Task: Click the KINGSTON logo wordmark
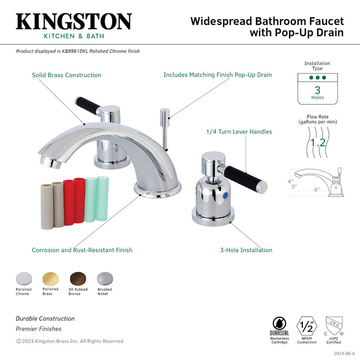(74, 21)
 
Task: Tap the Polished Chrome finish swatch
(23, 278)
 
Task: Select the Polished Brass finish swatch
(50, 278)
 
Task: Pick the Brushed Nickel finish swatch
(104, 278)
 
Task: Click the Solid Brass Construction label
(66, 75)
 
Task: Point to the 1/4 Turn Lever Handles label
(239, 132)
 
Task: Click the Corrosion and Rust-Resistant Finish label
(82, 250)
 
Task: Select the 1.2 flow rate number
(317, 142)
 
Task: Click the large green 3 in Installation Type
(317, 89)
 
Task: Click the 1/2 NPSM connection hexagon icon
(307, 325)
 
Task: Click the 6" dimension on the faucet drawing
(317, 190)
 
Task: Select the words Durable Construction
(45, 319)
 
